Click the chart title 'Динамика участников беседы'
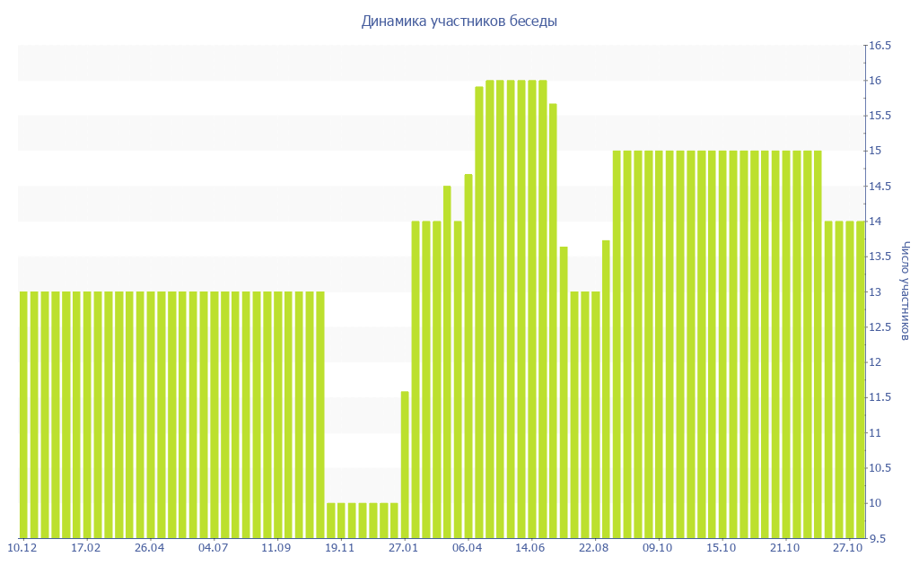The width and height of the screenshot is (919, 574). [x=459, y=21]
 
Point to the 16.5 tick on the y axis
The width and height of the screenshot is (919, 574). [x=878, y=46]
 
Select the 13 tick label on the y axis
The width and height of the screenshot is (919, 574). [x=873, y=292]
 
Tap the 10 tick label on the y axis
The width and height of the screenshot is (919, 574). [x=873, y=503]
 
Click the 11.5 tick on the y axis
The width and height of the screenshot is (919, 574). [x=878, y=397]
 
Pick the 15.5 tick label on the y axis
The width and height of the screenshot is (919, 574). [x=878, y=116]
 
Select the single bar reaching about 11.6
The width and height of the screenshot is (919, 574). [x=405, y=465]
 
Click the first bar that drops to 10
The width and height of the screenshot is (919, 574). [x=331, y=520]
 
